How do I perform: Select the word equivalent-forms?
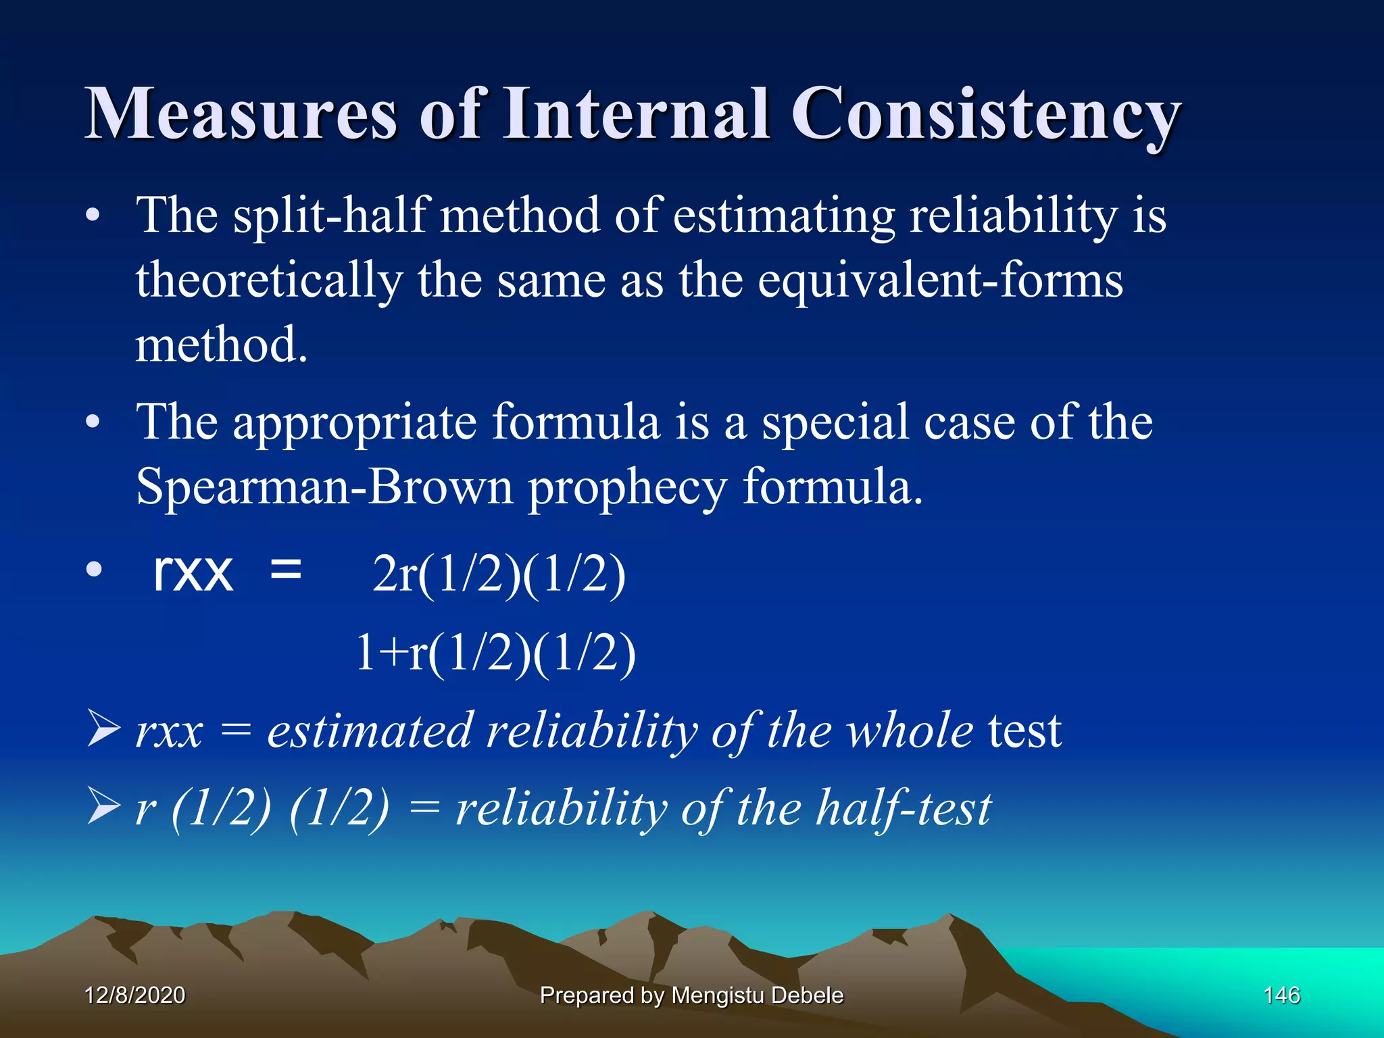coord(940,280)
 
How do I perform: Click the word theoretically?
coord(269,280)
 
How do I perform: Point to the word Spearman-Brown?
coord(324,487)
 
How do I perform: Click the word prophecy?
coord(627,488)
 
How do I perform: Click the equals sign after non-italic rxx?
coord(285,570)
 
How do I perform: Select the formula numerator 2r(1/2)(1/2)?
coord(499,574)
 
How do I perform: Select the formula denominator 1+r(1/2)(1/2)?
coord(495,653)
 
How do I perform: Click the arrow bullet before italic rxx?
coord(103,731)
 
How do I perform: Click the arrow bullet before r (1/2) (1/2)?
coord(103,808)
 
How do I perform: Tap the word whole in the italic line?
coord(910,731)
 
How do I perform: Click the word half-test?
coord(904,808)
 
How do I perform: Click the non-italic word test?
coord(1024,731)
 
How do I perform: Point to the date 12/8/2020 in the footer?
coord(134,995)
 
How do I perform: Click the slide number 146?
coord(1281,995)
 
